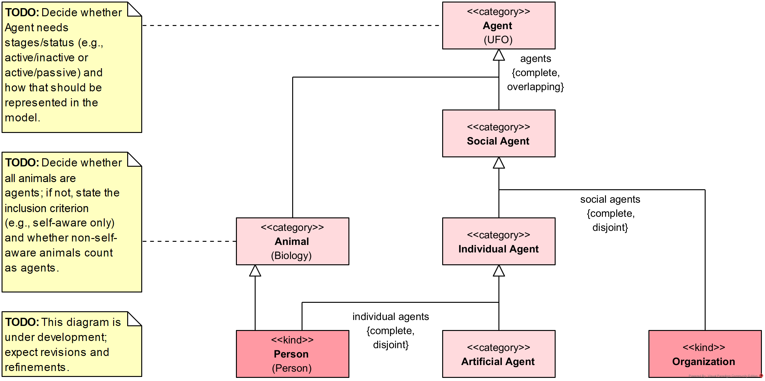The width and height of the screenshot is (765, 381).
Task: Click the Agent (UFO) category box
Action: pos(498,26)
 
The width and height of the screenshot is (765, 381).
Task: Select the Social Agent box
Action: pos(498,134)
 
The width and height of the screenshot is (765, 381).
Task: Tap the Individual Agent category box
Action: pos(498,241)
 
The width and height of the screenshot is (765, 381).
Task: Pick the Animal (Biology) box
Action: pos(292,241)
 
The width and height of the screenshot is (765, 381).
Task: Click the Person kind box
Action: pos(292,354)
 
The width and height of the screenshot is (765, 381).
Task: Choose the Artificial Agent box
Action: pos(498,354)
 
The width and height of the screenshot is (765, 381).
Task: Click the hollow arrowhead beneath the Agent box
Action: pos(499,55)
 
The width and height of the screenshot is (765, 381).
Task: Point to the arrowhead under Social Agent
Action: pos(499,163)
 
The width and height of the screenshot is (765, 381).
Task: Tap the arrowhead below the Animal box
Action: pos(255,271)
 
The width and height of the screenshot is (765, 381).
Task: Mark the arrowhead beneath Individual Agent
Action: pos(499,271)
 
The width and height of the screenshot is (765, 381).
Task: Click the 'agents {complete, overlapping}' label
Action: pos(535,73)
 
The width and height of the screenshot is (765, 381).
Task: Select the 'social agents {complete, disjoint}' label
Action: pos(610,213)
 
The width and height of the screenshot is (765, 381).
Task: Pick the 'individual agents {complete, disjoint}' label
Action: pos(391,331)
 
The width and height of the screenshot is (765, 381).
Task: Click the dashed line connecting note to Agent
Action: pos(291,26)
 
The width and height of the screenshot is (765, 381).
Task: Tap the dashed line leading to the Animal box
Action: pos(189,241)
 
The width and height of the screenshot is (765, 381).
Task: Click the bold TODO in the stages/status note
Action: pos(22,13)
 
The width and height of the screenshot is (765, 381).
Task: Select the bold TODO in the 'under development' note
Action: pos(22,322)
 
